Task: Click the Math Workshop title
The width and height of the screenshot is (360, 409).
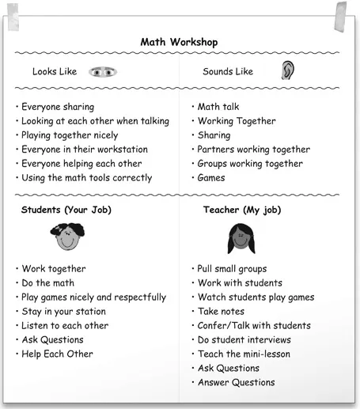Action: click(x=180, y=42)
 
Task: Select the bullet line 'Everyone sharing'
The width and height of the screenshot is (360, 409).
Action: click(x=57, y=107)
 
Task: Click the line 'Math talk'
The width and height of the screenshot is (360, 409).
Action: click(x=218, y=107)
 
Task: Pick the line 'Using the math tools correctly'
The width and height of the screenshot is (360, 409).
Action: click(x=86, y=178)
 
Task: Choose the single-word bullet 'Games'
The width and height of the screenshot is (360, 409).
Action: click(x=211, y=178)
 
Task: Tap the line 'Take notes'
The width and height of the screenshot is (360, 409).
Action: click(x=221, y=312)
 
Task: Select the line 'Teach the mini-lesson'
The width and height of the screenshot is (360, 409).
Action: click(x=244, y=354)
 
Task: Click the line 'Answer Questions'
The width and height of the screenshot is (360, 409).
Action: click(x=236, y=382)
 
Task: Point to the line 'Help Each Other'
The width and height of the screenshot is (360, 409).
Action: click(x=57, y=354)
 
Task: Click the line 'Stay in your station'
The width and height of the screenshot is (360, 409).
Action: click(x=63, y=312)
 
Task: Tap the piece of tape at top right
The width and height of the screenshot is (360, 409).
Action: click(x=342, y=14)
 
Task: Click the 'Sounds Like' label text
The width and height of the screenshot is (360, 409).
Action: click(x=228, y=72)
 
